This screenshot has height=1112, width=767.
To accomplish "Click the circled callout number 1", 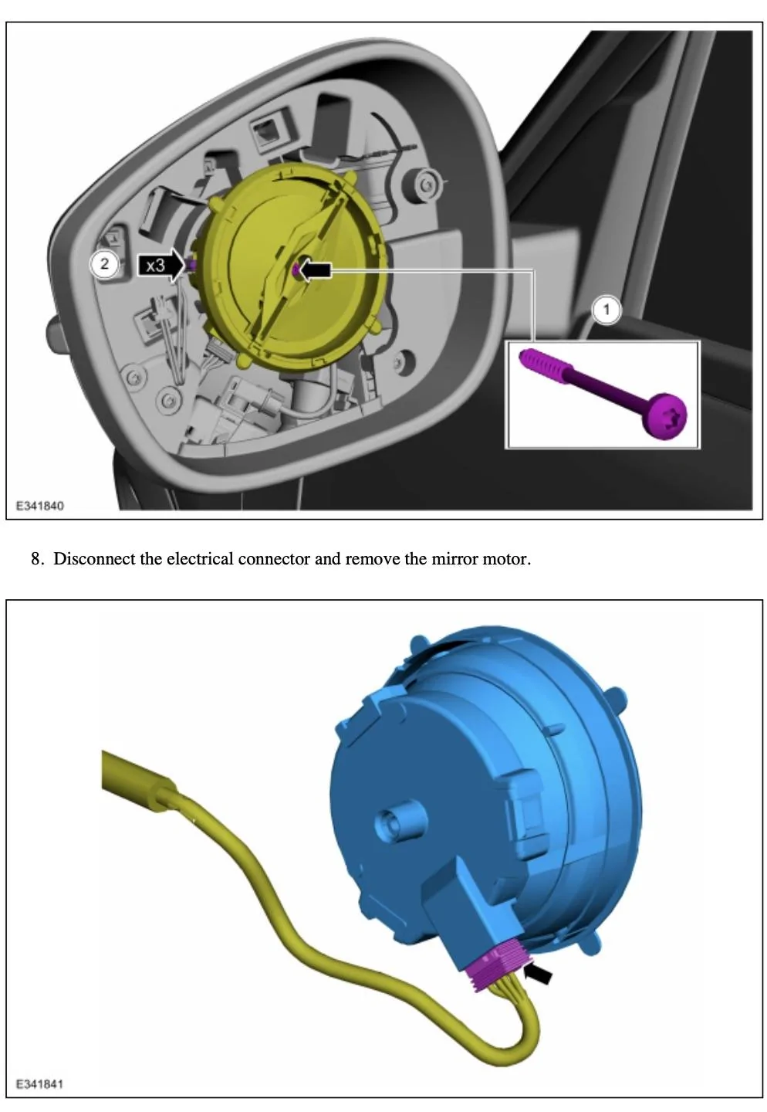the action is tap(606, 310).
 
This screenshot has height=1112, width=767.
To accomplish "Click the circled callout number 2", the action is tap(104, 263).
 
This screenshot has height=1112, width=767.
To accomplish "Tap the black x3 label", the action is tap(154, 266).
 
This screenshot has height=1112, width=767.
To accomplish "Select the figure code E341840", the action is tap(40, 506).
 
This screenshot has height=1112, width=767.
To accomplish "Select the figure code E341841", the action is tap(40, 1084).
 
